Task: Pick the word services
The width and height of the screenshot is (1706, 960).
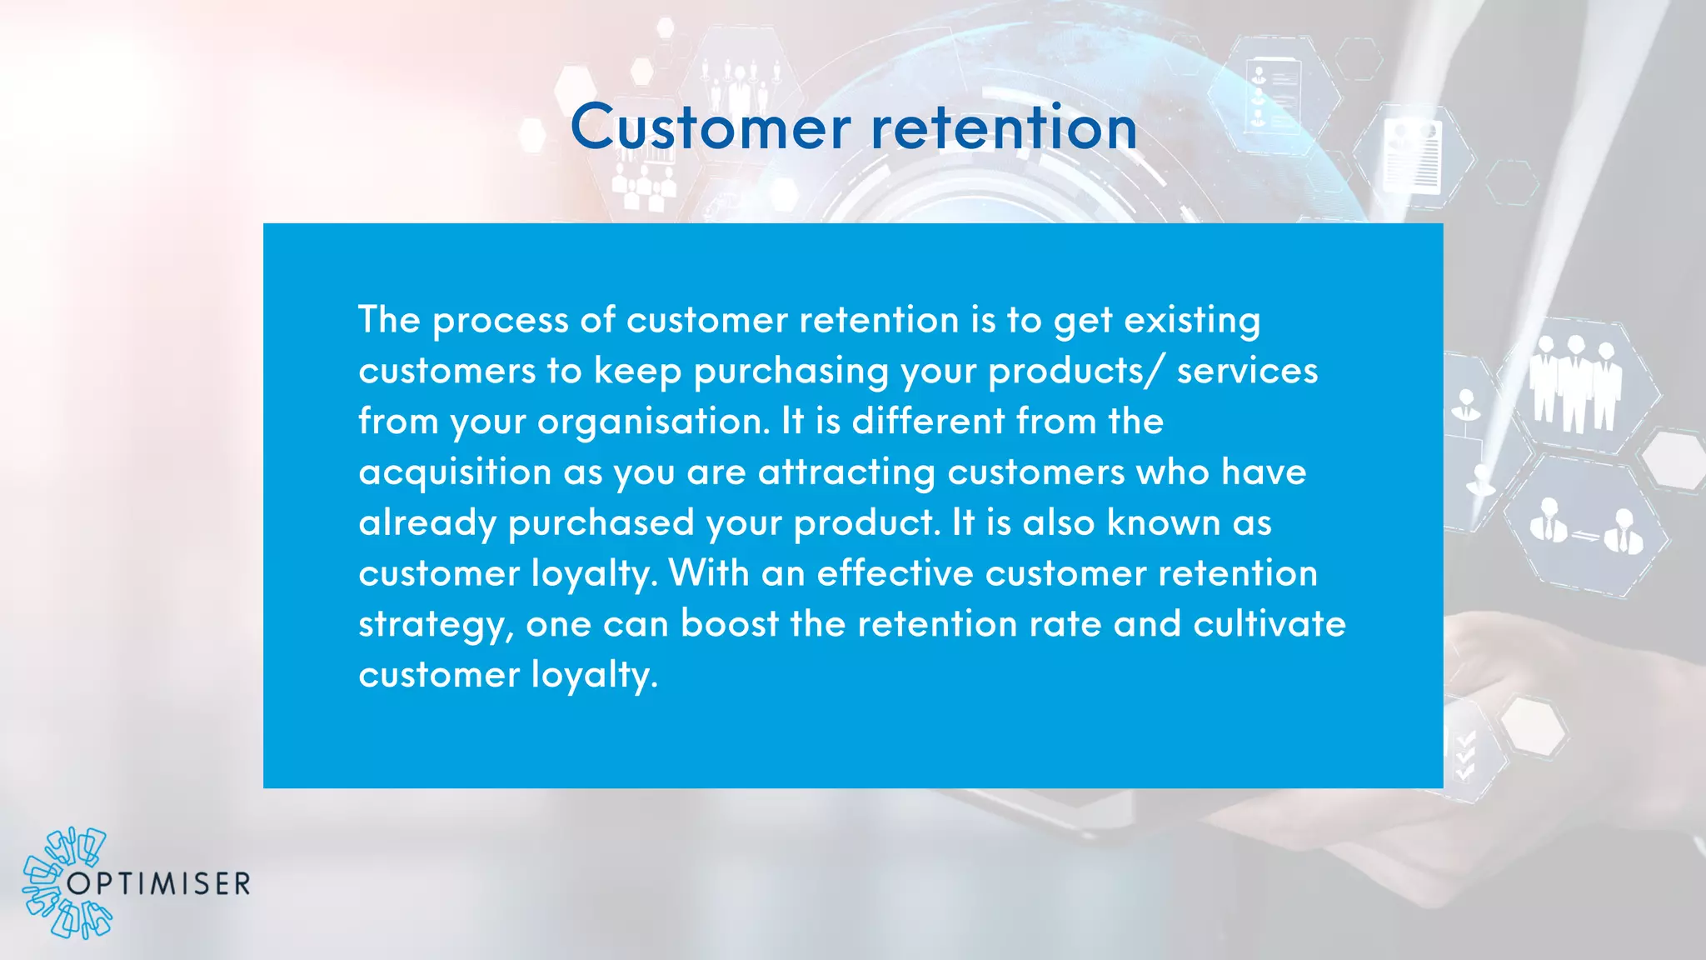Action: click(x=1247, y=371)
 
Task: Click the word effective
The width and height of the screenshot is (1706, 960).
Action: click(x=895, y=573)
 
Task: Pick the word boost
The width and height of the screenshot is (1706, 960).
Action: click(x=730, y=624)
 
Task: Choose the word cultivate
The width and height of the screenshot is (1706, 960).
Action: click(x=1269, y=624)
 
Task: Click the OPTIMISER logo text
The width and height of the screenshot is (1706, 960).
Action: click(x=158, y=884)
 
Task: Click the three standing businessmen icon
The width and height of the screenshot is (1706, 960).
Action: click(x=1575, y=383)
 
